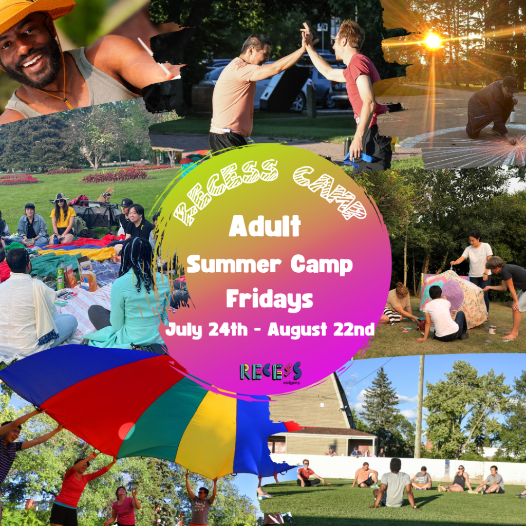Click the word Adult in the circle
point(265,226)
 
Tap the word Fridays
point(269,299)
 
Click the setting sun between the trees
point(433,41)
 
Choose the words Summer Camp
point(269,265)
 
